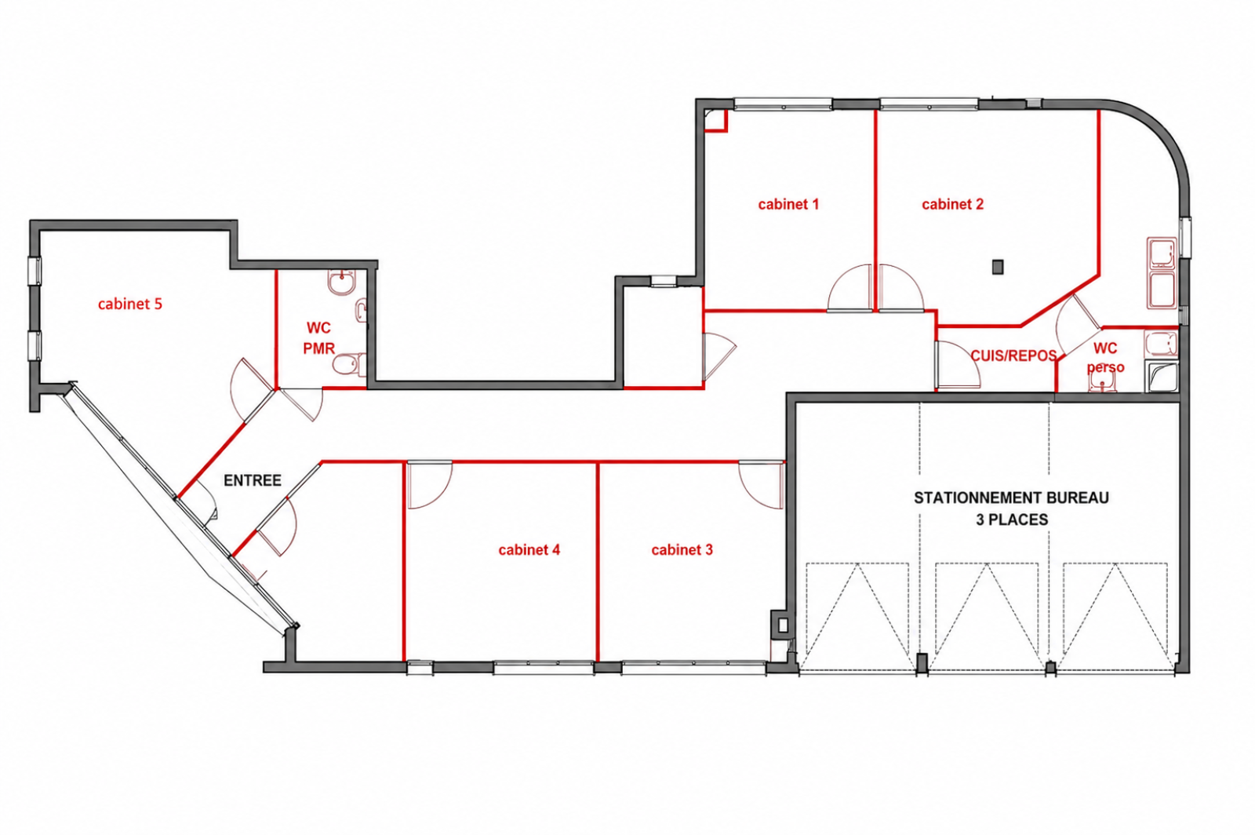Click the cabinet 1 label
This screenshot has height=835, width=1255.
pyautogui.click(x=788, y=205)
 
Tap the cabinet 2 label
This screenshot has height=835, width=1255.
pyautogui.click(x=952, y=205)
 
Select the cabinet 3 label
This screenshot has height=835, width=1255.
pyautogui.click(x=682, y=550)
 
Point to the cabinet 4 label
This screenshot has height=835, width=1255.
pyautogui.click(x=529, y=550)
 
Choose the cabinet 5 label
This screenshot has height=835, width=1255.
pyautogui.click(x=130, y=304)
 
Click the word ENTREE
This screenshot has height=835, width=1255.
pyautogui.click(x=253, y=480)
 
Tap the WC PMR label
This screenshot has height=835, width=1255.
pyautogui.click(x=318, y=338)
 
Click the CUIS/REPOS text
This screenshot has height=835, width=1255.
pyautogui.click(x=1013, y=356)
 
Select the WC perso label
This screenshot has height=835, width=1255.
pyautogui.click(x=1105, y=358)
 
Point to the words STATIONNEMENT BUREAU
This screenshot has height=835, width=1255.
pyautogui.click(x=1011, y=498)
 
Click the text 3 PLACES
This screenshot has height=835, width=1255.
pyautogui.click(x=1012, y=520)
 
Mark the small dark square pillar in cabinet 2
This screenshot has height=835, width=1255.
pyautogui.click(x=997, y=267)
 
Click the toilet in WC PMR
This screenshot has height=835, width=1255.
pyautogui.click(x=349, y=365)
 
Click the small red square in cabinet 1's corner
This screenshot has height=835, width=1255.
pyautogui.click(x=716, y=121)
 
